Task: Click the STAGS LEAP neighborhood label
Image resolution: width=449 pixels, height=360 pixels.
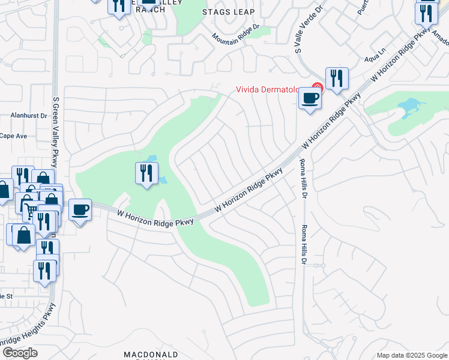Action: coord(228,12)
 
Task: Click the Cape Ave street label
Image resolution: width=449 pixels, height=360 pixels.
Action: coord(13,136)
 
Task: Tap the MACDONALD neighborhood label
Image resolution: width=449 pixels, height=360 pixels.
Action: coord(151,355)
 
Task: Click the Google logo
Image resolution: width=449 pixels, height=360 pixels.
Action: coord(20,353)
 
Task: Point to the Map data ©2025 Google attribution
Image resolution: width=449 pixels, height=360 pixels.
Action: coord(412,355)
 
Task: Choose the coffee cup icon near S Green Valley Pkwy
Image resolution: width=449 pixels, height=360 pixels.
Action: coord(80,211)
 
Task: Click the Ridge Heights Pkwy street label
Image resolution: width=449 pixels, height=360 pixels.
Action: coord(27,327)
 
